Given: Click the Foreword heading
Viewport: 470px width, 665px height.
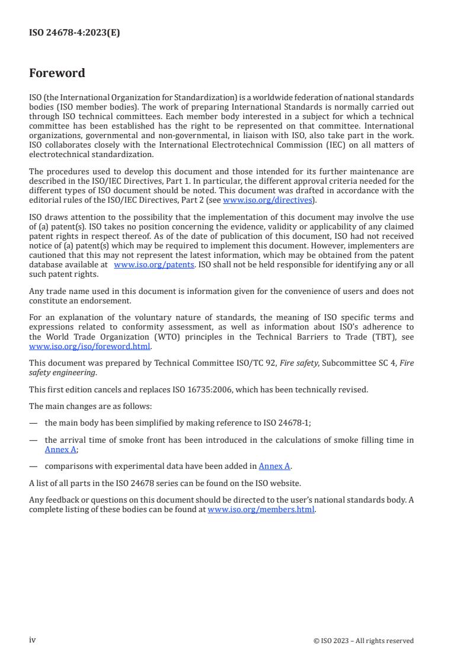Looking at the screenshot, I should (x=57, y=73).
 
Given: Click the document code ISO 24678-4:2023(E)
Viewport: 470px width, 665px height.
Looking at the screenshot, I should (x=74, y=33).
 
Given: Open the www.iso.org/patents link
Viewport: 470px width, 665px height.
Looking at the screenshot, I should (x=154, y=265).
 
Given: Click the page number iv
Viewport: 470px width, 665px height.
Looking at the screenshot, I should (x=33, y=640).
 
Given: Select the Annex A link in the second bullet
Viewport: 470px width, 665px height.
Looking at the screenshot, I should (x=56, y=449).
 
